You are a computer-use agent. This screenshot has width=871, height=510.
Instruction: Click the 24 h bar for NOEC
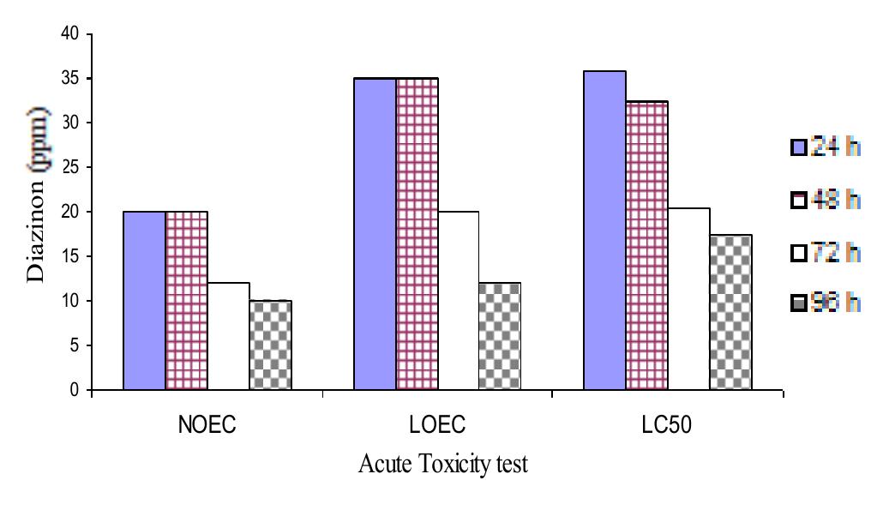click(144, 301)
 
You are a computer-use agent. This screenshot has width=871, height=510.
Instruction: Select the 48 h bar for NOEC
click(186, 301)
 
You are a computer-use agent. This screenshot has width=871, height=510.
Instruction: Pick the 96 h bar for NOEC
click(270, 345)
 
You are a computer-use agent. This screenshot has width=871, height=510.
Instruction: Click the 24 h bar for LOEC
click(375, 234)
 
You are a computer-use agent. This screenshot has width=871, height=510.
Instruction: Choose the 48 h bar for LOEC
click(417, 234)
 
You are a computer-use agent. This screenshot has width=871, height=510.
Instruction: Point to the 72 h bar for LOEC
click(459, 301)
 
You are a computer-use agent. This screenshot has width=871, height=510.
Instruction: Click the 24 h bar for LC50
click(604, 231)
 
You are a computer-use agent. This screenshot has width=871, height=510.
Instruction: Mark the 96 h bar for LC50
click(730, 313)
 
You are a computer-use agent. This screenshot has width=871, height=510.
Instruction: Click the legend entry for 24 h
click(826, 147)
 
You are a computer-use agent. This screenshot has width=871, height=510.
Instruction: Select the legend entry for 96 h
click(826, 303)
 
